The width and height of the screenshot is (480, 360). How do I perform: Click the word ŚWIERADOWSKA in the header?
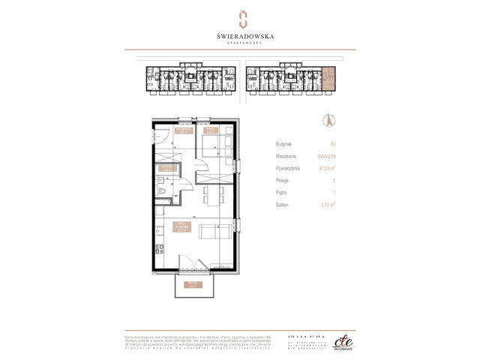240,34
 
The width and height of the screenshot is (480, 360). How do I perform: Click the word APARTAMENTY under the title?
240,43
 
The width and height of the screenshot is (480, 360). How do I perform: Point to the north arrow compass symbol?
327,119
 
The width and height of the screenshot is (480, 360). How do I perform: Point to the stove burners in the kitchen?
159,248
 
